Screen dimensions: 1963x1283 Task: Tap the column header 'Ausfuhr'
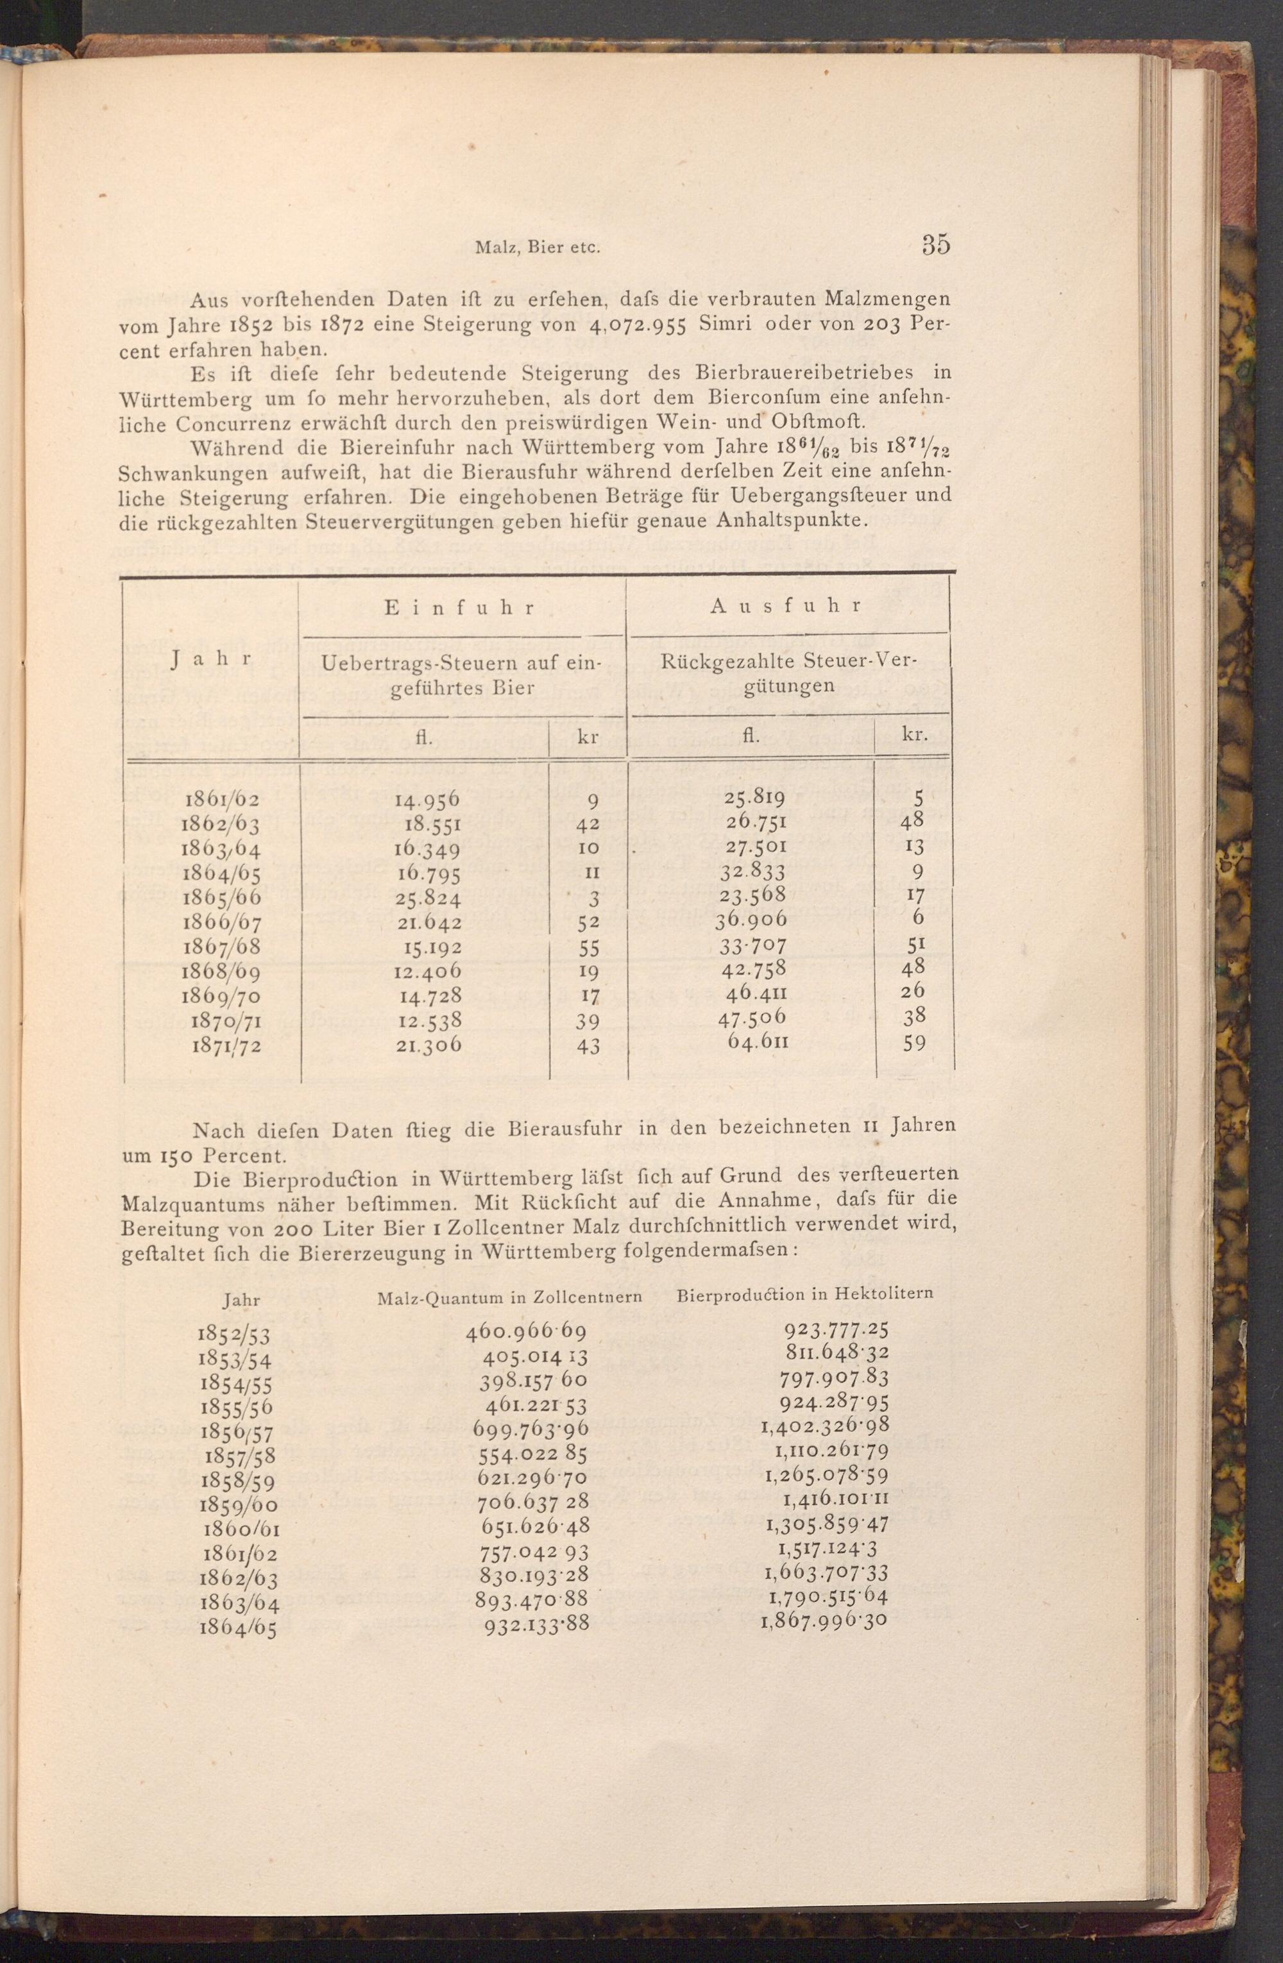tap(786, 605)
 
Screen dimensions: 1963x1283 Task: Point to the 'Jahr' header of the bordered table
tap(211, 660)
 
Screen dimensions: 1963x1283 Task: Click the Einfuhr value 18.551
tap(432, 824)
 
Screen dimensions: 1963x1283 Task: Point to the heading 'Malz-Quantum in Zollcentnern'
tap(509, 1297)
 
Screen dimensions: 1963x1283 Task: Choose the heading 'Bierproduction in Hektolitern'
tap(804, 1294)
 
